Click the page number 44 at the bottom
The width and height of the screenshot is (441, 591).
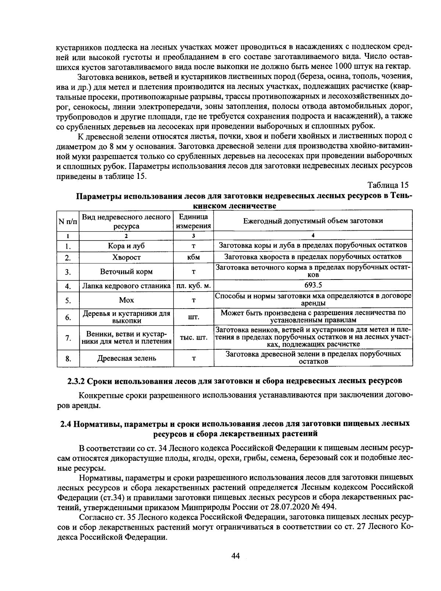(236, 556)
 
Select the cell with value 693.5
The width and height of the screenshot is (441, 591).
(313, 285)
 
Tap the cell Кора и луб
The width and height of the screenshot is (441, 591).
(126, 246)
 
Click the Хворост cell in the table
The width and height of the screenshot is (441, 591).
(126, 257)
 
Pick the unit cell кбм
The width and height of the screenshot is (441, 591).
(193, 257)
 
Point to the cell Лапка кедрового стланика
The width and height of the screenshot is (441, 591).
(126, 286)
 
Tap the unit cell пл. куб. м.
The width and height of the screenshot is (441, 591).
(193, 286)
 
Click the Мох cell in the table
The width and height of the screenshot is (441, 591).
(126, 300)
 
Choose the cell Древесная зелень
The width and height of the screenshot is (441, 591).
(126, 358)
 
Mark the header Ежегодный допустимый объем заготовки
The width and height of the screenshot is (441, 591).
(313, 221)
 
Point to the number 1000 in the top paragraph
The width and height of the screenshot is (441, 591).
(344, 66)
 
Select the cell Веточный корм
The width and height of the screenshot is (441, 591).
(126, 272)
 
